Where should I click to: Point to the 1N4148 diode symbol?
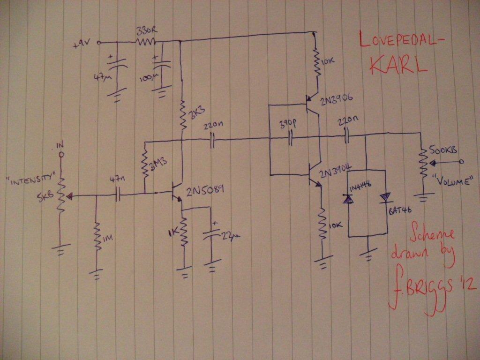(x=348, y=199)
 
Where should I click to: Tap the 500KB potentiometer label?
(x=443, y=150)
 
